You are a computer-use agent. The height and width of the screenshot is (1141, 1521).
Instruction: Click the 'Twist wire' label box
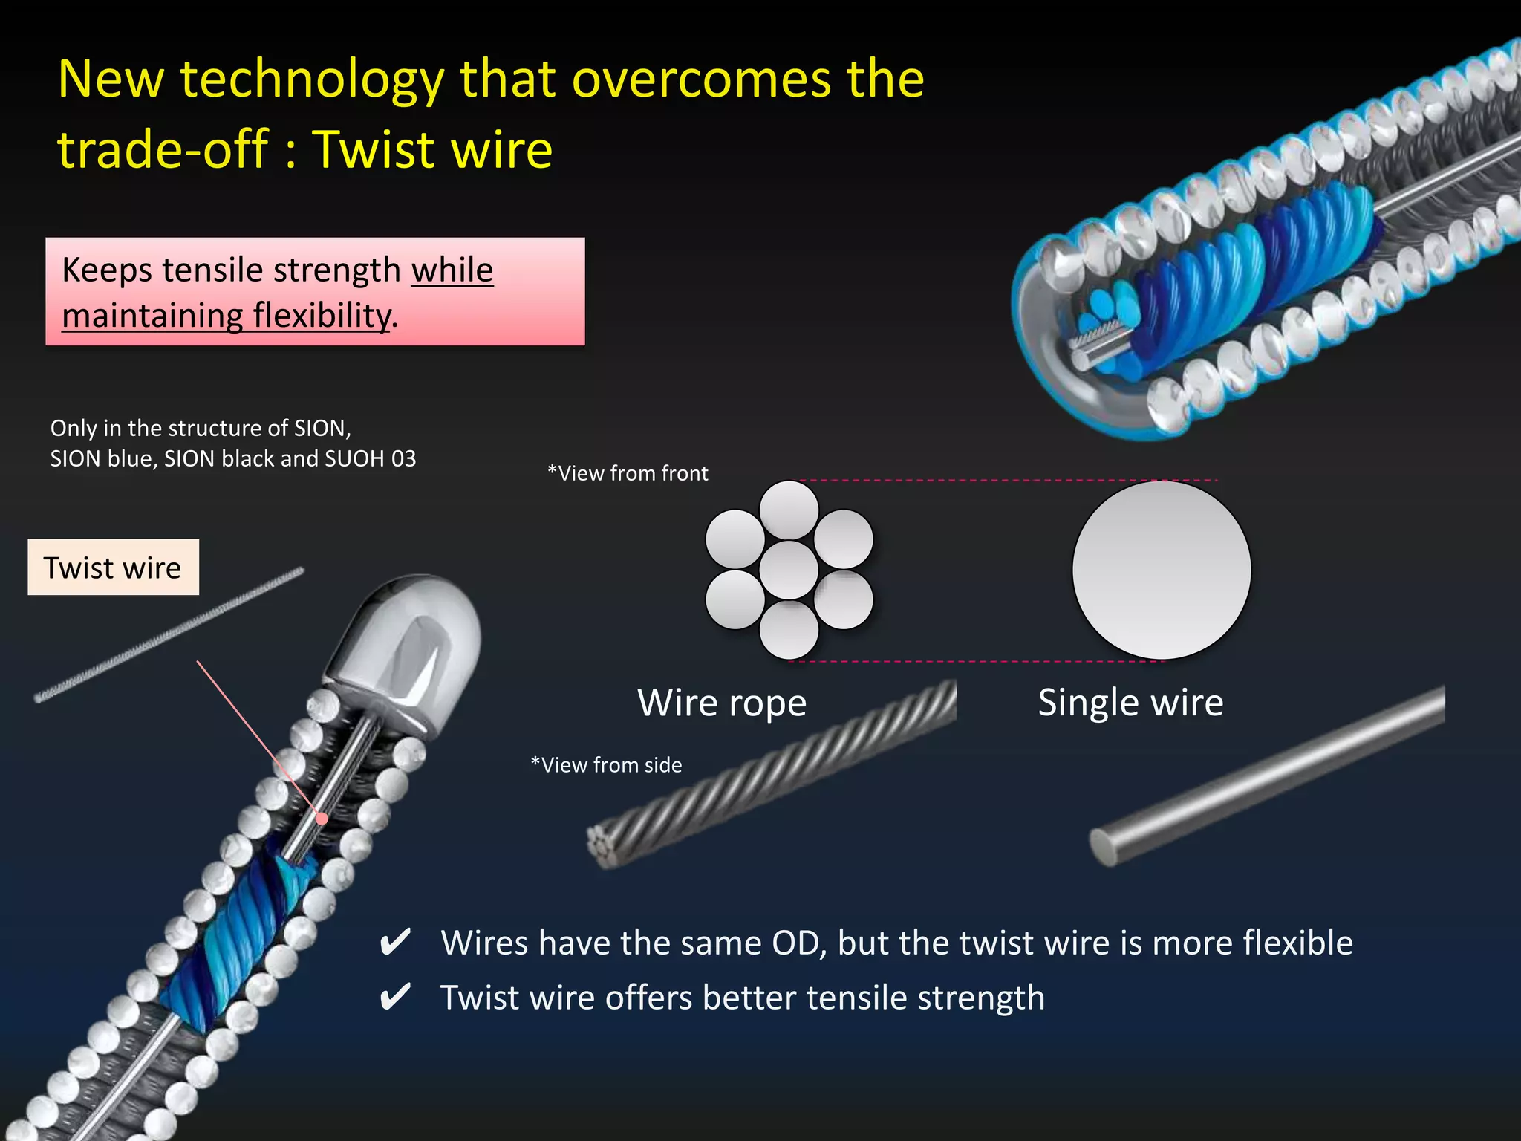coord(113,568)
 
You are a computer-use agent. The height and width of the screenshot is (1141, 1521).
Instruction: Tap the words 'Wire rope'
coord(721,703)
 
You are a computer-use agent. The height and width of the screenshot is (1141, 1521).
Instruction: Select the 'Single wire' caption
coord(1130,703)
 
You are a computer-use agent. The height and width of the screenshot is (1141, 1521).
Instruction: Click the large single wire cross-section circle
coord(1162,570)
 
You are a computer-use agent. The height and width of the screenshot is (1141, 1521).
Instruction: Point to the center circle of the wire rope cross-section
coord(789,570)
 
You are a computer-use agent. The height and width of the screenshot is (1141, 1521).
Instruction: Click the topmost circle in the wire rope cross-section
coord(789,510)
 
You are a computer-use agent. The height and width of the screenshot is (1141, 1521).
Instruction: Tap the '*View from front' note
coord(628,473)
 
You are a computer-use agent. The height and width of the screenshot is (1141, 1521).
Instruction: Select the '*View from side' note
coord(606,765)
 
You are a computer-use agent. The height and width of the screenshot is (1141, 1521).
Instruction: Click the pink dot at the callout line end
coord(322,819)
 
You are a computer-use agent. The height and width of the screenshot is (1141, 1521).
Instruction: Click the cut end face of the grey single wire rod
coord(1104,848)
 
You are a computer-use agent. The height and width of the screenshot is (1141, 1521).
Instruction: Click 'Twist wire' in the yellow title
coord(432,149)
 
